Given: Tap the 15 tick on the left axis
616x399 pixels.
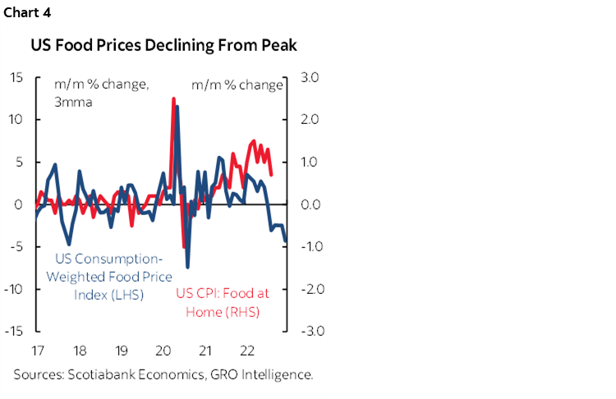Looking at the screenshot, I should click(x=16, y=77).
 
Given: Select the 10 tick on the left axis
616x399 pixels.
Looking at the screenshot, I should click(x=16, y=119).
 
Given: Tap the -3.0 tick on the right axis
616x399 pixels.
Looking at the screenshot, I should click(x=304, y=331).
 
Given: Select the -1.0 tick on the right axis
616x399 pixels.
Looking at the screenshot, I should click(x=304, y=246).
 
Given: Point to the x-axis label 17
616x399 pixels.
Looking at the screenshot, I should click(x=37, y=351).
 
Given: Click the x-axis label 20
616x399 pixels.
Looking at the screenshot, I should click(x=163, y=351).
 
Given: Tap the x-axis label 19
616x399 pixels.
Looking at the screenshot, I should click(x=122, y=351).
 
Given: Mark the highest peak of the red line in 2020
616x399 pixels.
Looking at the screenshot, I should click(x=173, y=99).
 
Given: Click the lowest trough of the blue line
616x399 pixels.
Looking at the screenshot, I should click(x=187, y=267).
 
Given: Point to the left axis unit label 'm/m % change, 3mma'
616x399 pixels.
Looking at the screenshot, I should click(x=90, y=93).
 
